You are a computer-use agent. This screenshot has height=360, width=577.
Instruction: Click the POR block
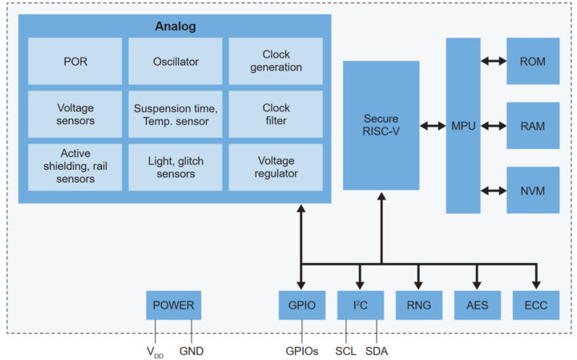pos(75,62)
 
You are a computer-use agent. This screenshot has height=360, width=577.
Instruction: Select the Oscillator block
pos(176,62)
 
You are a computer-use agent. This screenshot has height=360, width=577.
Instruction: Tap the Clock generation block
pos(276,62)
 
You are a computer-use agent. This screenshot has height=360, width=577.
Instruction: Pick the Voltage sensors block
pos(75,114)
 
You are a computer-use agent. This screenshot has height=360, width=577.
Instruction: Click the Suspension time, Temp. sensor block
pos(176,114)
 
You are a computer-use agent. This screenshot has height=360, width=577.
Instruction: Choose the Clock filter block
pos(276,114)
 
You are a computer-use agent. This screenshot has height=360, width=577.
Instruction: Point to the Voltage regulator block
pos(276,167)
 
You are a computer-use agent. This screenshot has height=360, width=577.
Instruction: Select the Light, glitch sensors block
pos(176,167)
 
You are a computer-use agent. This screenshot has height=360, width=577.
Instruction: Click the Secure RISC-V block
pos(381,125)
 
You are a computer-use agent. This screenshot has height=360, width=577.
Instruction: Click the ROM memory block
pos(533,61)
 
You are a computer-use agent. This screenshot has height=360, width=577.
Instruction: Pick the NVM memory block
pos(533,190)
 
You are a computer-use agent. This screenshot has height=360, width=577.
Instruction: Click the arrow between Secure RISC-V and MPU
pos(433,125)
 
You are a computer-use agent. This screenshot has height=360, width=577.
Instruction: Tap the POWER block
pos(174,305)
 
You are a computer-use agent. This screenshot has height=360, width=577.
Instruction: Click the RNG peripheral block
pos(419,305)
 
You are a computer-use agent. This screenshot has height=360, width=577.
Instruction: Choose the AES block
pos(478,305)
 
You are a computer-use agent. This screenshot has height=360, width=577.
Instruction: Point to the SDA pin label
pos(377,350)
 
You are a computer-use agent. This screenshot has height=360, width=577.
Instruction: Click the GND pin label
pos(193,350)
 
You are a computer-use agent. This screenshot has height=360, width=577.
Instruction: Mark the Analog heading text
pos(175,26)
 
